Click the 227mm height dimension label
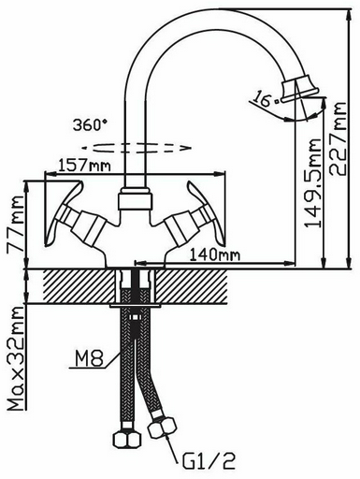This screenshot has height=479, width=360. pos(338,138)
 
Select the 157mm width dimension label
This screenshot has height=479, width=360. pos(84,166)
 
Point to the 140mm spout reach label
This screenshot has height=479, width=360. pos(215,255)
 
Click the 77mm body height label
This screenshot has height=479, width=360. pos(16,224)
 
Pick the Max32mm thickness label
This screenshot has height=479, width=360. pos(16,358)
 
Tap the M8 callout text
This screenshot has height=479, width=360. pos(88,358)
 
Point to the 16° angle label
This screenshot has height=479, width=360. pos(264,98)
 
